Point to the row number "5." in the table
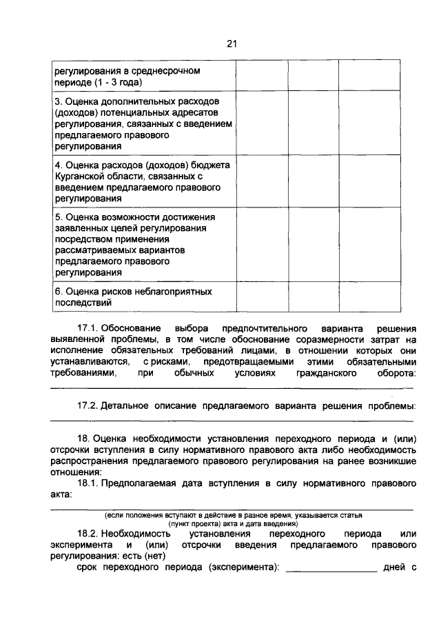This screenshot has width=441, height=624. click(59, 217)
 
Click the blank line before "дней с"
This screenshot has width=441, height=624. click(331, 568)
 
